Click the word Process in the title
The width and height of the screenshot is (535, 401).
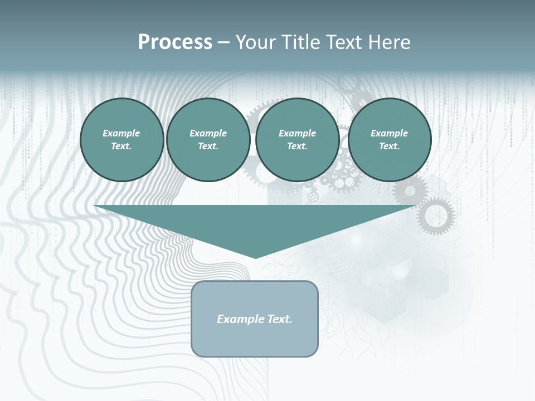[x=175, y=42]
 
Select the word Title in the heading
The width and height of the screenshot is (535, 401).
[x=302, y=42]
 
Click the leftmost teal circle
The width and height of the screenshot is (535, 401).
[x=122, y=140]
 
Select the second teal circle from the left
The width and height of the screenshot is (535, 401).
[x=208, y=140]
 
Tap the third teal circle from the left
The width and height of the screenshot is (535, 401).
[x=297, y=140]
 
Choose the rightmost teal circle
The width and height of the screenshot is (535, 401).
[x=390, y=140]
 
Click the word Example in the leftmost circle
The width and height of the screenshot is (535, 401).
[x=121, y=133]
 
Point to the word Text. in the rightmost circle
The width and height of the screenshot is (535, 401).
[x=390, y=146]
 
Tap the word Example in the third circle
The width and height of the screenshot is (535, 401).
[x=297, y=133]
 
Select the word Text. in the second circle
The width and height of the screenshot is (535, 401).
[x=208, y=146]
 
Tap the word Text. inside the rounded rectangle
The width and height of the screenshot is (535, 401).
[x=280, y=319]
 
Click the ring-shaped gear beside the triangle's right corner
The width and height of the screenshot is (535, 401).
[x=436, y=216]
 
